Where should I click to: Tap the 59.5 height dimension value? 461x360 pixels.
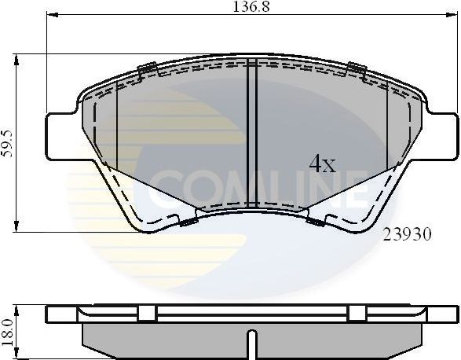8,143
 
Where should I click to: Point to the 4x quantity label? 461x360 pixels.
322,164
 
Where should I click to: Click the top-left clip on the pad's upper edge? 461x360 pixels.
147,69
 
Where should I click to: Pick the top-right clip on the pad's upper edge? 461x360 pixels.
355,69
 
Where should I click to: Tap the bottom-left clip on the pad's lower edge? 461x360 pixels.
188,222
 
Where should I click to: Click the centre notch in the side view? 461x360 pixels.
251,340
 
